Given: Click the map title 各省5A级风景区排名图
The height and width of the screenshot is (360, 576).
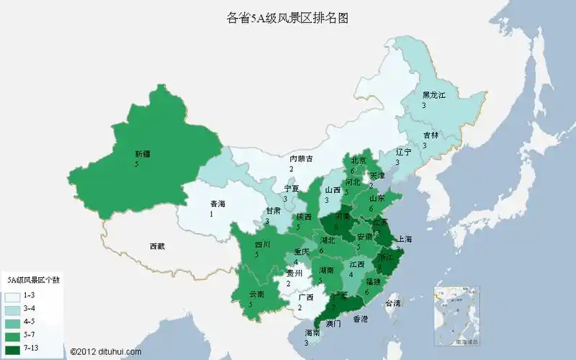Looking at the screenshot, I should (287, 18).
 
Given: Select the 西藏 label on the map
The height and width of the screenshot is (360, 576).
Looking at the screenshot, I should (157, 246).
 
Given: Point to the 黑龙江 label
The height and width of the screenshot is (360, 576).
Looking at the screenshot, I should (434, 95).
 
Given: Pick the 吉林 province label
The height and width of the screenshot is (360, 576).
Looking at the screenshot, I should (431, 135).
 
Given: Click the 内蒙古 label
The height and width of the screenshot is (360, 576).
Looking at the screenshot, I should (301, 159).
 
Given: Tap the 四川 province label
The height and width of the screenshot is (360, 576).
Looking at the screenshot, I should (262, 245).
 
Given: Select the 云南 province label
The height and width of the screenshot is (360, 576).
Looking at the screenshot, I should (256, 294).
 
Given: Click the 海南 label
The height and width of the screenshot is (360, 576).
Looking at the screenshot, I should (312, 333).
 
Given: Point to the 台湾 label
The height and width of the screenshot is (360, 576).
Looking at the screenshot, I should (392, 304).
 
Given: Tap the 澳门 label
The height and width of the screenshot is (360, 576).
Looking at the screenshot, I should (333, 324).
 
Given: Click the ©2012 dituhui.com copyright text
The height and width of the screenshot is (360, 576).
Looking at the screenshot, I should (106, 351).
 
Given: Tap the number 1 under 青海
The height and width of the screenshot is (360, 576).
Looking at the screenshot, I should (212, 214).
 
